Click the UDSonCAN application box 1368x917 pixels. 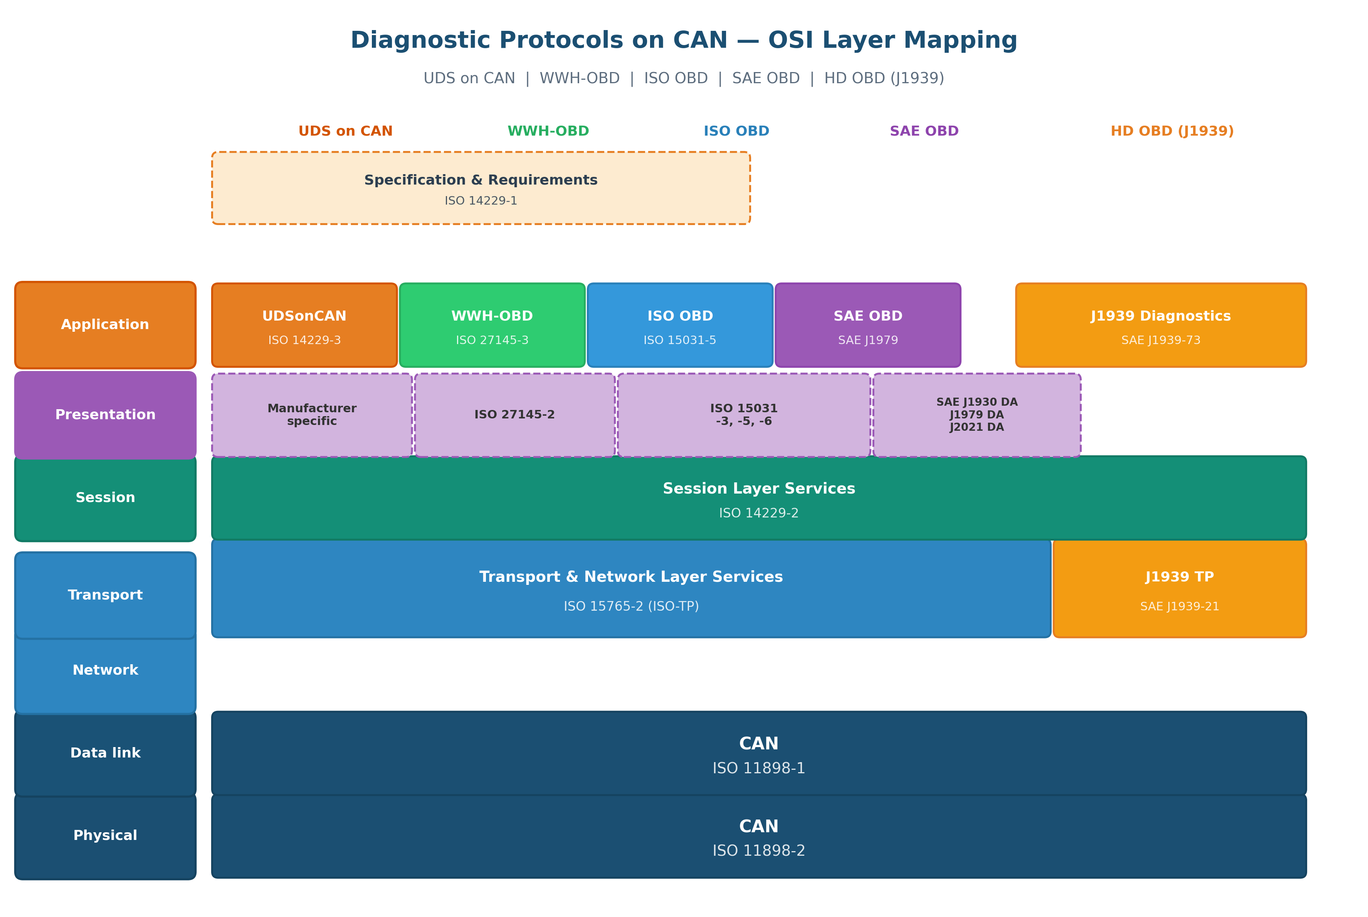[304, 325]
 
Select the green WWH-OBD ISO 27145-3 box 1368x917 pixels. [492, 325]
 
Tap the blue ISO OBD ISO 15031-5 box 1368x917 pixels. [680, 325]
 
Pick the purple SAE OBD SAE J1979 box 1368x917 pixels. [867, 325]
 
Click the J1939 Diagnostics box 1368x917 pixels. [1160, 325]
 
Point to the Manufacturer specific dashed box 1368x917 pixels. [312, 415]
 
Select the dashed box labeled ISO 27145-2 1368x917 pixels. [514, 415]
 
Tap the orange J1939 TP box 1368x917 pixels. [1179, 588]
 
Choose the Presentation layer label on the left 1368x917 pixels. [105, 415]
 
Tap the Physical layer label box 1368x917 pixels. [105, 836]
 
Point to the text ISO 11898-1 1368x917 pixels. [759, 768]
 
